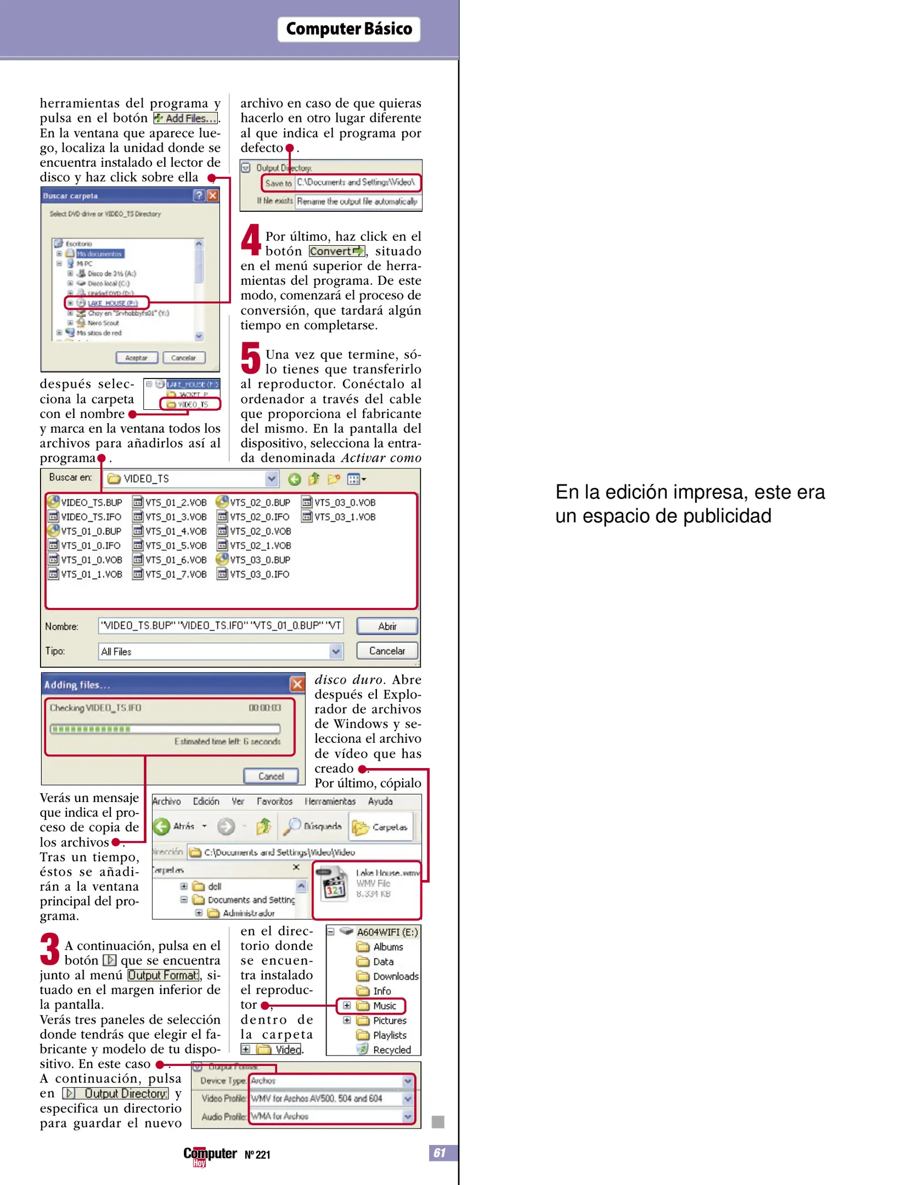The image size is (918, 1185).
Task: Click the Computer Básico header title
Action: click(x=348, y=29)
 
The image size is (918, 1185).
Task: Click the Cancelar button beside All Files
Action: click(x=387, y=651)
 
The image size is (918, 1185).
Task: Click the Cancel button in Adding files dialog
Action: click(x=271, y=776)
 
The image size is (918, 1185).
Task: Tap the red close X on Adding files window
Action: click(x=297, y=684)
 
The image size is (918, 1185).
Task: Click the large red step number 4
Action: click(x=251, y=240)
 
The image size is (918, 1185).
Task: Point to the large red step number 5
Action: click(x=250, y=358)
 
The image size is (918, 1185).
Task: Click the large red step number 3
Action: click(x=49, y=949)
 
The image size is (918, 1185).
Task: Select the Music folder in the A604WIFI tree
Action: click(x=384, y=1006)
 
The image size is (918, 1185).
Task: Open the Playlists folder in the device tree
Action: click(x=389, y=1035)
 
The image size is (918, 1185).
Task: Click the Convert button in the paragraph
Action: click(x=336, y=251)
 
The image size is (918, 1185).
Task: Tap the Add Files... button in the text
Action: click(x=185, y=119)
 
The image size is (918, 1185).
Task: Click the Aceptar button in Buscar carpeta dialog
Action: click(x=137, y=358)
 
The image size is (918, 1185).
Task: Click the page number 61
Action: click(x=440, y=1152)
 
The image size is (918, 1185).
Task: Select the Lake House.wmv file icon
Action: click(x=334, y=884)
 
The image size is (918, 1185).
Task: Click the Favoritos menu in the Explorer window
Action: click(x=274, y=802)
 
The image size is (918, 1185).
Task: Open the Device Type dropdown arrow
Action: click(x=408, y=1081)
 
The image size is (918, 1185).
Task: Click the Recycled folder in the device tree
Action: click(x=391, y=1050)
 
